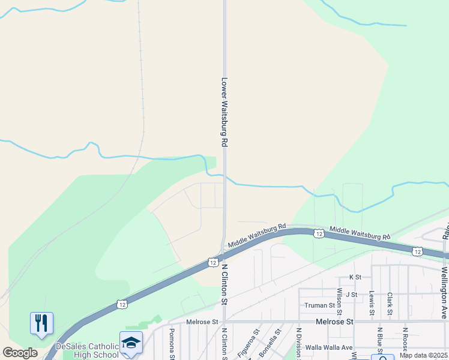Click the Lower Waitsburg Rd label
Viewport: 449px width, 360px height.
[x=225, y=112]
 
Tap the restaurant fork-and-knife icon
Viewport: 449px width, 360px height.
[x=41, y=324]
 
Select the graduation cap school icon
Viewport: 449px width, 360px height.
[x=131, y=343]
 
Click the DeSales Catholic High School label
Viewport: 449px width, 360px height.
[x=87, y=350]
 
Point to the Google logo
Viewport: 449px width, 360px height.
[x=20, y=353]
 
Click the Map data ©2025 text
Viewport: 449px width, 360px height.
[x=423, y=355]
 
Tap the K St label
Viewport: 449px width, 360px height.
[x=355, y=277]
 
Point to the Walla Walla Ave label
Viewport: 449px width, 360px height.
[x=329, y=347]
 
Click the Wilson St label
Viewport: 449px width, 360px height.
[x=340, y=301]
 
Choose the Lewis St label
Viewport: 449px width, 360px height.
[x=372, y=304]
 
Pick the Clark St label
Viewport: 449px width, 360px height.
[x=390, y=303]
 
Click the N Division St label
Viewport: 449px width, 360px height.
[x=298, y=343]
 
